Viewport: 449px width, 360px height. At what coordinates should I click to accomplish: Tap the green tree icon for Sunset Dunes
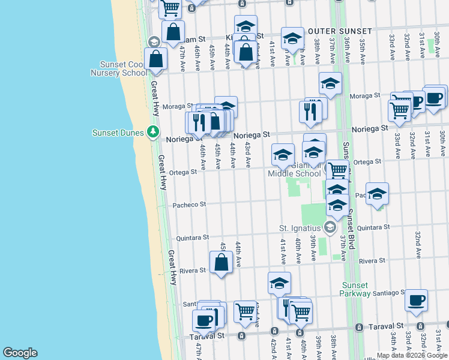(154, 132)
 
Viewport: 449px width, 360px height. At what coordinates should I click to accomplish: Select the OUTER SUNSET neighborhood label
(340, 31)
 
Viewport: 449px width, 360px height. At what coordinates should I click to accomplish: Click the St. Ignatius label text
(300, 228)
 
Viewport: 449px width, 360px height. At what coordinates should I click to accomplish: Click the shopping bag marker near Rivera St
(221, 262)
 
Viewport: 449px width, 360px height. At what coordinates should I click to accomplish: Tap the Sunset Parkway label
(360, 289)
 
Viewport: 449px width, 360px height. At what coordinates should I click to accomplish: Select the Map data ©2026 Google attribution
(412, 355)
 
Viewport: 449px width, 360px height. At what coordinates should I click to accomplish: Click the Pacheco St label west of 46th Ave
(190, 204)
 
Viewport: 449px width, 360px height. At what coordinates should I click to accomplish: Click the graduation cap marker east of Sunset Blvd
(377, 194)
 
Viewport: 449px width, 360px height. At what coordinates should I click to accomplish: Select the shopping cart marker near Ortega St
(338, 170)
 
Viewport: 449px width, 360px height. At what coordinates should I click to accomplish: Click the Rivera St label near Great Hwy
(193, 270)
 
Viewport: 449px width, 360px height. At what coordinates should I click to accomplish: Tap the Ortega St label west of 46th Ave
(185, 172)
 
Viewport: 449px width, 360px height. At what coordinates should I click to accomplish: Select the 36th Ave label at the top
(347, 46)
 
